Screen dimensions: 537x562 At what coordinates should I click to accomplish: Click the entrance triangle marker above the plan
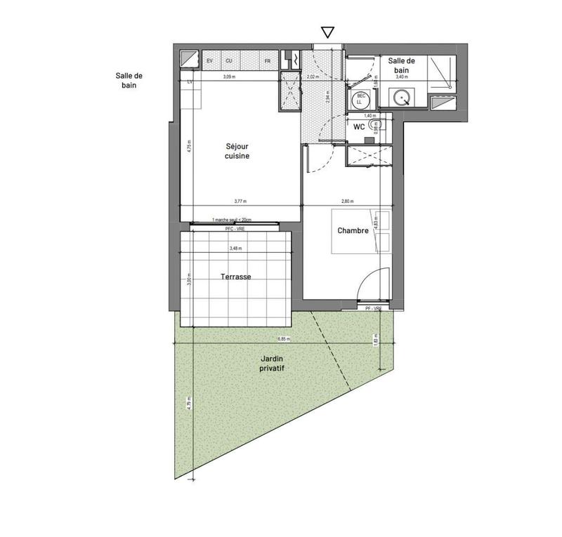click(x=327, y=32)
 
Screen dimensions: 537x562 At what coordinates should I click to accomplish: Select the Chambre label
click(x=353, y=230)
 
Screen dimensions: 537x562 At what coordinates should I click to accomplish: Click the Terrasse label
click(x=235, y=277)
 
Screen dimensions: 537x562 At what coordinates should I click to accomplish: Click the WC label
click(x=358, y=127)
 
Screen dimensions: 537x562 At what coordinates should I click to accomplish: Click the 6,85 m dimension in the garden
click(x=284, y=339)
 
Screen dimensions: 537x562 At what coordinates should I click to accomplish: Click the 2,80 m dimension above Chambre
click(x=346, y=201)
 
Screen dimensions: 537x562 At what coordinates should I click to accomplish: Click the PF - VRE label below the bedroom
click(x=372, y=309)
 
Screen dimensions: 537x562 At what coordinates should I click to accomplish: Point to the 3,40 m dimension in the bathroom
click(x=402, y=77)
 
